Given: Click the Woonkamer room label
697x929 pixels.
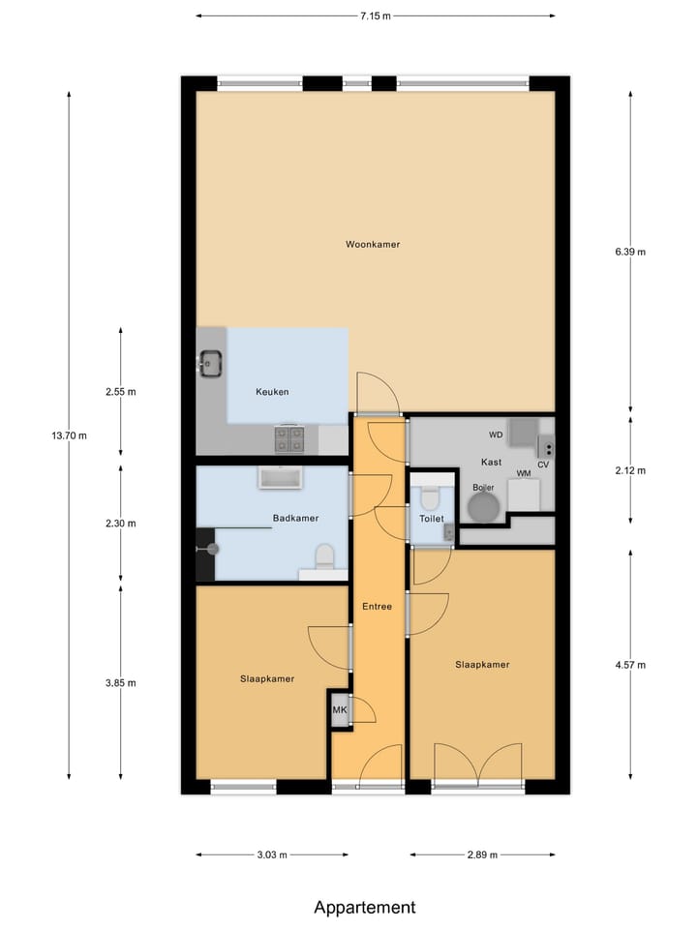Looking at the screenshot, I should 373,244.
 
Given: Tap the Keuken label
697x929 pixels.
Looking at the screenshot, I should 272,392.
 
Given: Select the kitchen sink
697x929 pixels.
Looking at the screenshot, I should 210,365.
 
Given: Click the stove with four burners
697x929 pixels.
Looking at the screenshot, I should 288,440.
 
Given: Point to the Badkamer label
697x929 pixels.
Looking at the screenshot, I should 295,518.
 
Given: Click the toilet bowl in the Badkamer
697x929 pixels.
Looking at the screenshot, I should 325,554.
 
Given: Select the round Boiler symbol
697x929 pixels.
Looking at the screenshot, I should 482,506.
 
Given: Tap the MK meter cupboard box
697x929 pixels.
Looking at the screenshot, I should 340,710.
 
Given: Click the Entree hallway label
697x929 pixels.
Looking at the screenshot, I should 377,607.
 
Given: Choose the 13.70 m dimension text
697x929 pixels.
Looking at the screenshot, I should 69,435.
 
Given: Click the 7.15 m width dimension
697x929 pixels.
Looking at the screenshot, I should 376,15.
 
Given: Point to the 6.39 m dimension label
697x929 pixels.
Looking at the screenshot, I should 630,252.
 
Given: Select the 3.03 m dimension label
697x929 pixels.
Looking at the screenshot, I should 272,854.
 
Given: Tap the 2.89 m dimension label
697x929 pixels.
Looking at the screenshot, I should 481,854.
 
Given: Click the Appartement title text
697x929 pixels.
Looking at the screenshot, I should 365,907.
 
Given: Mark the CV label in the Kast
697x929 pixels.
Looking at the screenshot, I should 543,464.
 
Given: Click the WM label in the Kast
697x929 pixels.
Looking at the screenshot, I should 523,473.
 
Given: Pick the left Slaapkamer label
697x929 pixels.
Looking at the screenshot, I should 267,678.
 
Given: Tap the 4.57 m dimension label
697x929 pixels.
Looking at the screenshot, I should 630,665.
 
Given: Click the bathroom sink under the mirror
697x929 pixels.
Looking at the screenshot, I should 281,477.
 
